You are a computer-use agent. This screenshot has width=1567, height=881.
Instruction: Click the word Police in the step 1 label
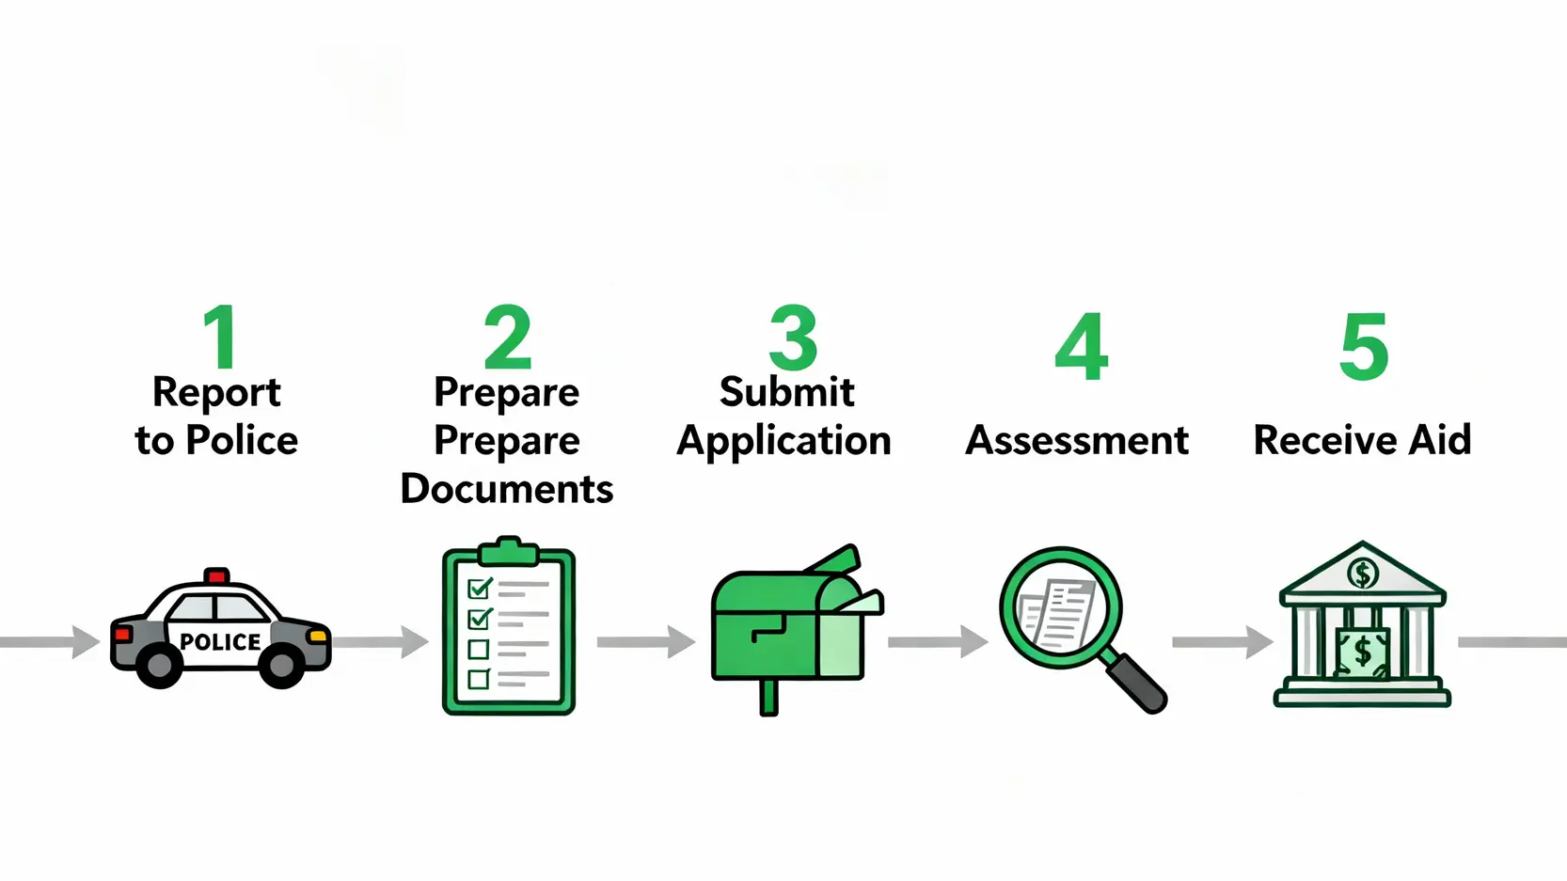(x=242, y=440)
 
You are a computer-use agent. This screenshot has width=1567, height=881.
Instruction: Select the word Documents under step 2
(x=506, y=489)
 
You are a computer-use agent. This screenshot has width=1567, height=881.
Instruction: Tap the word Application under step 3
(x=783, y=440)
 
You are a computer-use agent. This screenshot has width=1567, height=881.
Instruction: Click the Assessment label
(x=1077, y=440)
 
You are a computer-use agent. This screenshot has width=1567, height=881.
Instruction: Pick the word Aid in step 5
(x=1439, y=440)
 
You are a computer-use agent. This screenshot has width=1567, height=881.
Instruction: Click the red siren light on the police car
(x=216, y=575)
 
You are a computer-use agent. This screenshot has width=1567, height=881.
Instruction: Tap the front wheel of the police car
(x=281, y=666)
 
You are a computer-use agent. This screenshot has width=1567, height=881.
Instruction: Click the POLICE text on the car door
(x=220, y=642)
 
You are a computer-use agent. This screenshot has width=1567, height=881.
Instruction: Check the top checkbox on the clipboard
(x=480, y=589)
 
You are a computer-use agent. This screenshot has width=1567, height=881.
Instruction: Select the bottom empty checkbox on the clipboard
(x=479, y=678)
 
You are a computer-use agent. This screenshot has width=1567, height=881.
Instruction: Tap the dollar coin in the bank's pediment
(x=1363, y=572)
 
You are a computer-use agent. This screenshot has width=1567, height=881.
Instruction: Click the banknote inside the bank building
(x=1362, y=652)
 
